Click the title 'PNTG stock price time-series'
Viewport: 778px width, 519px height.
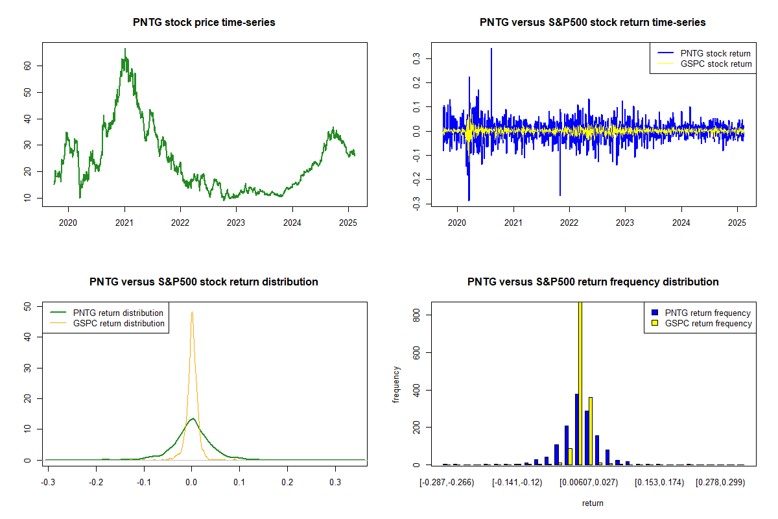click(x=204, y=23)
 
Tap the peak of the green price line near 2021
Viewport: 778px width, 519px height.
click(x=125, y=49)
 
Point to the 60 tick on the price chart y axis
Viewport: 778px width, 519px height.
click(x=33, y=66)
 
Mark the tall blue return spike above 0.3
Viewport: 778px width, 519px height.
click(x=491, y=49)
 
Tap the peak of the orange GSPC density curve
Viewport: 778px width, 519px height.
click(x=192, y=312)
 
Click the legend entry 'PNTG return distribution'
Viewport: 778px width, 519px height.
click(x=118, y=313)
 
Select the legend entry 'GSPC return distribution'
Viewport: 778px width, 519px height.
click(x=119, y=323)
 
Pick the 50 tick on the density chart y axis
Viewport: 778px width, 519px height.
click(x=33, y=306)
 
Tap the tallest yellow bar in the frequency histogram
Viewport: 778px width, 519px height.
click(x=580, y=383)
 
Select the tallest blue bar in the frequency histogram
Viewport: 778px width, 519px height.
click(x=576, y=429)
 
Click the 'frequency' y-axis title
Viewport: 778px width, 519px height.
click(x=396, y=385)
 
